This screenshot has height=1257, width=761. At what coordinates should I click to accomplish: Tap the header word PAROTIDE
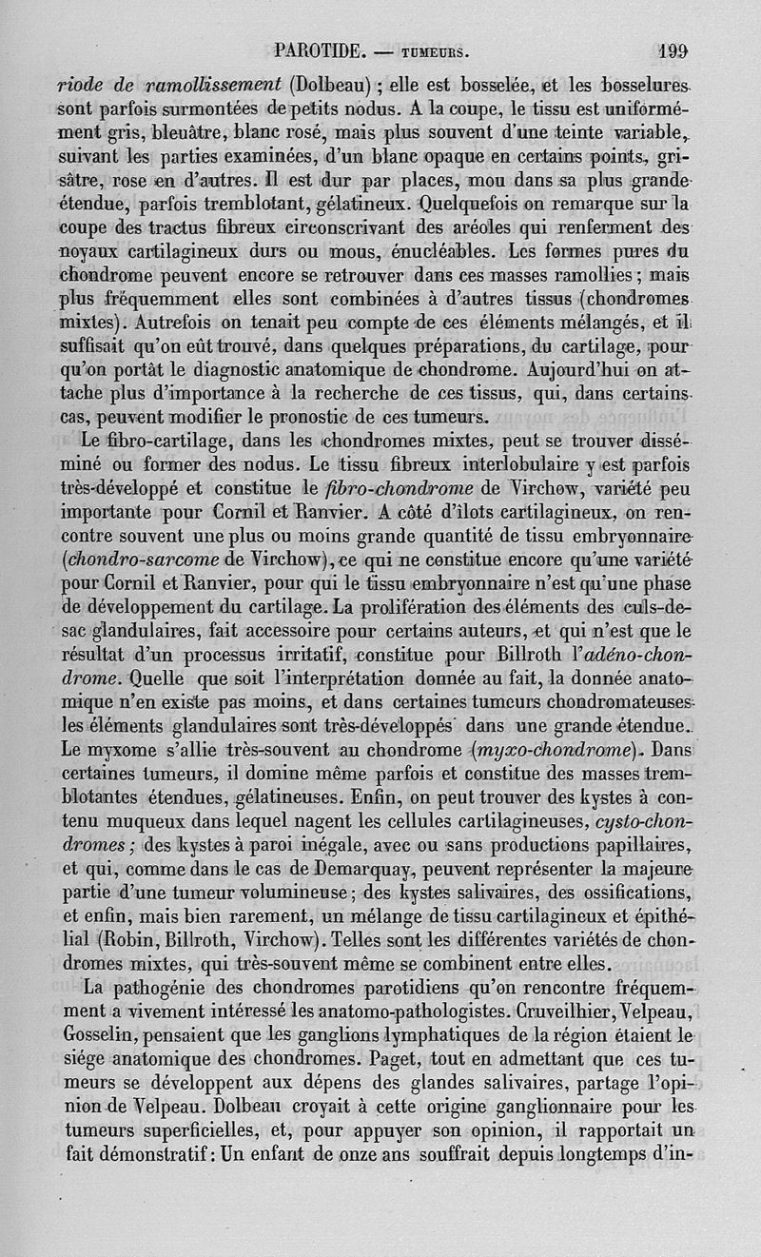[315, 49]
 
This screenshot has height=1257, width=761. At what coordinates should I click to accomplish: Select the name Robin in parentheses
[134, 938]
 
